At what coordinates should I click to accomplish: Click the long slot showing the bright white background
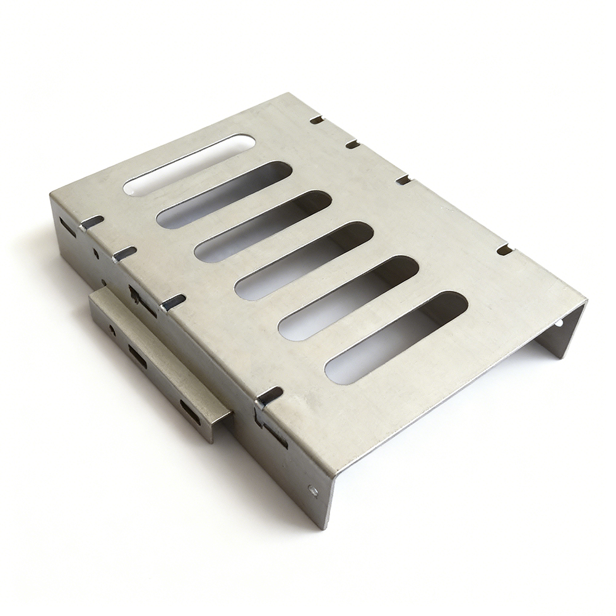[x=190, y=164]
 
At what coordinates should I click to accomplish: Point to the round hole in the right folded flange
[x=559, y=322]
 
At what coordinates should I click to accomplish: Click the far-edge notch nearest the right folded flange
[x=505, y=249]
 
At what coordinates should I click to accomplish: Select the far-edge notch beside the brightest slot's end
[x=316, y=120]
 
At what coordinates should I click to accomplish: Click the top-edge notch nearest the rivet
[x=269, y=394]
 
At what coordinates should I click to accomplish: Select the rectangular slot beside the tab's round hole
[x=137, y=357]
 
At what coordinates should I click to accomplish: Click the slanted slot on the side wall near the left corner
[x=67, y=227]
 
